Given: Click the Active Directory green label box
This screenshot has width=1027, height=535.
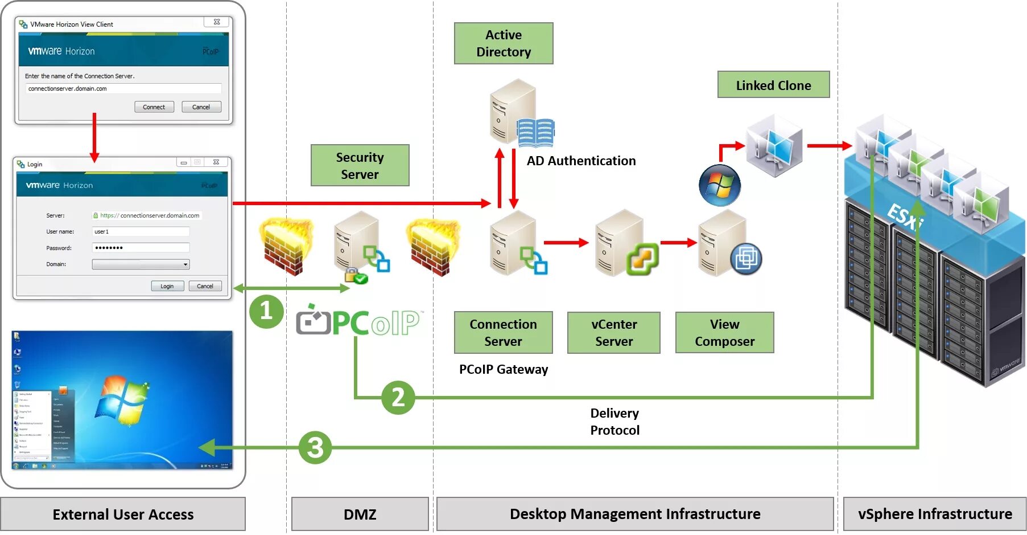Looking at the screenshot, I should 504,43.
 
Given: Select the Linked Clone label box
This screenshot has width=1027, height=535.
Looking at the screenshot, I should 773,85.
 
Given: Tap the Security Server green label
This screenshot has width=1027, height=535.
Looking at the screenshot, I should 360,165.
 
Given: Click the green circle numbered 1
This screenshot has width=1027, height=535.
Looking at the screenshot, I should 266,311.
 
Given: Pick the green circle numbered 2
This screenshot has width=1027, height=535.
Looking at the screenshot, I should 398,397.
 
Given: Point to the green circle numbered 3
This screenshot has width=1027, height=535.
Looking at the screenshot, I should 315,447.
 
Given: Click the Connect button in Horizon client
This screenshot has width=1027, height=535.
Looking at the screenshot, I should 154,107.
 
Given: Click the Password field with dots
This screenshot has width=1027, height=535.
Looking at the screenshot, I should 141,248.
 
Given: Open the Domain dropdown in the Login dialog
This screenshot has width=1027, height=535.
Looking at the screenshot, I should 141,264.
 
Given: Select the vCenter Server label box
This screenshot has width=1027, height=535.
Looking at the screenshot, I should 614,333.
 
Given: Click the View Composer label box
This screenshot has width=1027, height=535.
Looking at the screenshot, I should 724,333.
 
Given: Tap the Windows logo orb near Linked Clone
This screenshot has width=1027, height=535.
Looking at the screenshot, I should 720,186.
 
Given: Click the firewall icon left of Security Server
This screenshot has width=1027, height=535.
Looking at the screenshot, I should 285,247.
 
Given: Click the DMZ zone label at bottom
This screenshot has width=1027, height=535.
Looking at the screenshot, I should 360,514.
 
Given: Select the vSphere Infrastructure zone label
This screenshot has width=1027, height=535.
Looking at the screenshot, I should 934,514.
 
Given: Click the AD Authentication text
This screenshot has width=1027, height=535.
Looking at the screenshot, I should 581,161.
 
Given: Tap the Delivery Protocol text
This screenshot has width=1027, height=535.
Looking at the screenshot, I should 614,422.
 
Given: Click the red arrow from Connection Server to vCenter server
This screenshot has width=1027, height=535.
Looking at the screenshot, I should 566,243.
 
